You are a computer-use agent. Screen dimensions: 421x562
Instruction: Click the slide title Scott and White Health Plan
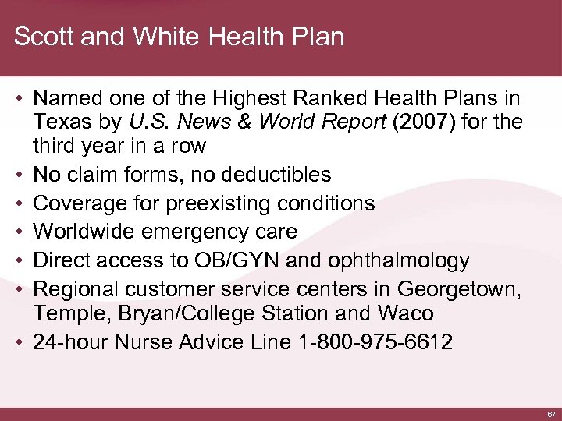[x=179, y=37]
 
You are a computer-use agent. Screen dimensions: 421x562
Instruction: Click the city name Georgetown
[x=458, y=288]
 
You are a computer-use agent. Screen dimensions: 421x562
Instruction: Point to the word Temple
[x=65, y=314]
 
